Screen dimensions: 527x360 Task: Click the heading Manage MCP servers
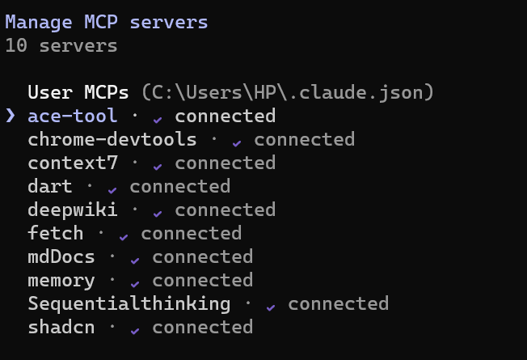(x=107, y=23)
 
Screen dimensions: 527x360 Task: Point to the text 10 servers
(x=61, y=45)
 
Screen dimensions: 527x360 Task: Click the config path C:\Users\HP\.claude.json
(x=288, y=92)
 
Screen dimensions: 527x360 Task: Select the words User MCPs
(x=78, y=92)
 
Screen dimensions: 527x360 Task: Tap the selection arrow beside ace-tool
(x=11, y=116)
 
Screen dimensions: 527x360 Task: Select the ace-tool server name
(x=73, y=116)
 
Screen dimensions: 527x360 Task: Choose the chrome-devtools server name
(x=112, y=139)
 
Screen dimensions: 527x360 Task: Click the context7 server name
(x=73, y=163)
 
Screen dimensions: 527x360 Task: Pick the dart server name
(x=50, y=186)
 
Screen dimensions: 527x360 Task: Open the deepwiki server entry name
(x=73, y=210)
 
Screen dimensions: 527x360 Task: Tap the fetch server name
(x=56, y=233)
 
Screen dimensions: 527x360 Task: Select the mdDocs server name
(x=61, y=256)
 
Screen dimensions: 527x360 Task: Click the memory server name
(x=61, y=281)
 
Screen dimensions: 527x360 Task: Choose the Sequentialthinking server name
(x=129, y=304)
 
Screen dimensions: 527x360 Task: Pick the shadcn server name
(x=61, y=327)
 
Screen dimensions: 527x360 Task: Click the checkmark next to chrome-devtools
(x=237, y=143)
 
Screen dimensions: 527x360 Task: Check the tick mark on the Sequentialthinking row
(x=271, y=307)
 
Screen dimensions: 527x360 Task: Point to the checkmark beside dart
(x=112, y=190)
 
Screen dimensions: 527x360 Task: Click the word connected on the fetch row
(x=192, y=233)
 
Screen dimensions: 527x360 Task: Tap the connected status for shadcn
(x=203, y=327)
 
